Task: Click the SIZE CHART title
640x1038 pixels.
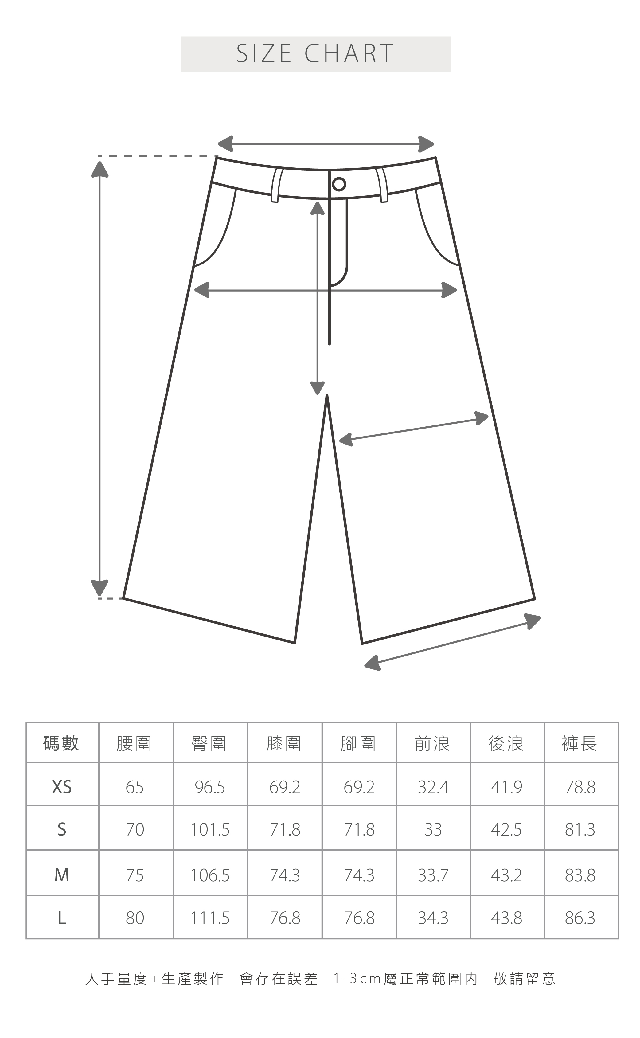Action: [x=315, y=54]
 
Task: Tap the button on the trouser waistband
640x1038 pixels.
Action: [x=339, y=184]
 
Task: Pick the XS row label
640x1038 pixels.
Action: [x=62, y=787]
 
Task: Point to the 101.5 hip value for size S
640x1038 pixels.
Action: [x=210, y=830]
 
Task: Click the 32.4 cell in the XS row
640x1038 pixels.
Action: [x=433, y=787]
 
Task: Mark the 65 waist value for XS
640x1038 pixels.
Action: [x=135, y=787]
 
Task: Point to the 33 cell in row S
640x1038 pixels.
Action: [x=433, y=830]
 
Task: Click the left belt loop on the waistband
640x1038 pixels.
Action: [x=276, y=185]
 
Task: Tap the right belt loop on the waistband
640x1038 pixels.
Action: [x=382, y=185]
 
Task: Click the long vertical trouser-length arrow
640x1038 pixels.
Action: [x=100, y=377]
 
